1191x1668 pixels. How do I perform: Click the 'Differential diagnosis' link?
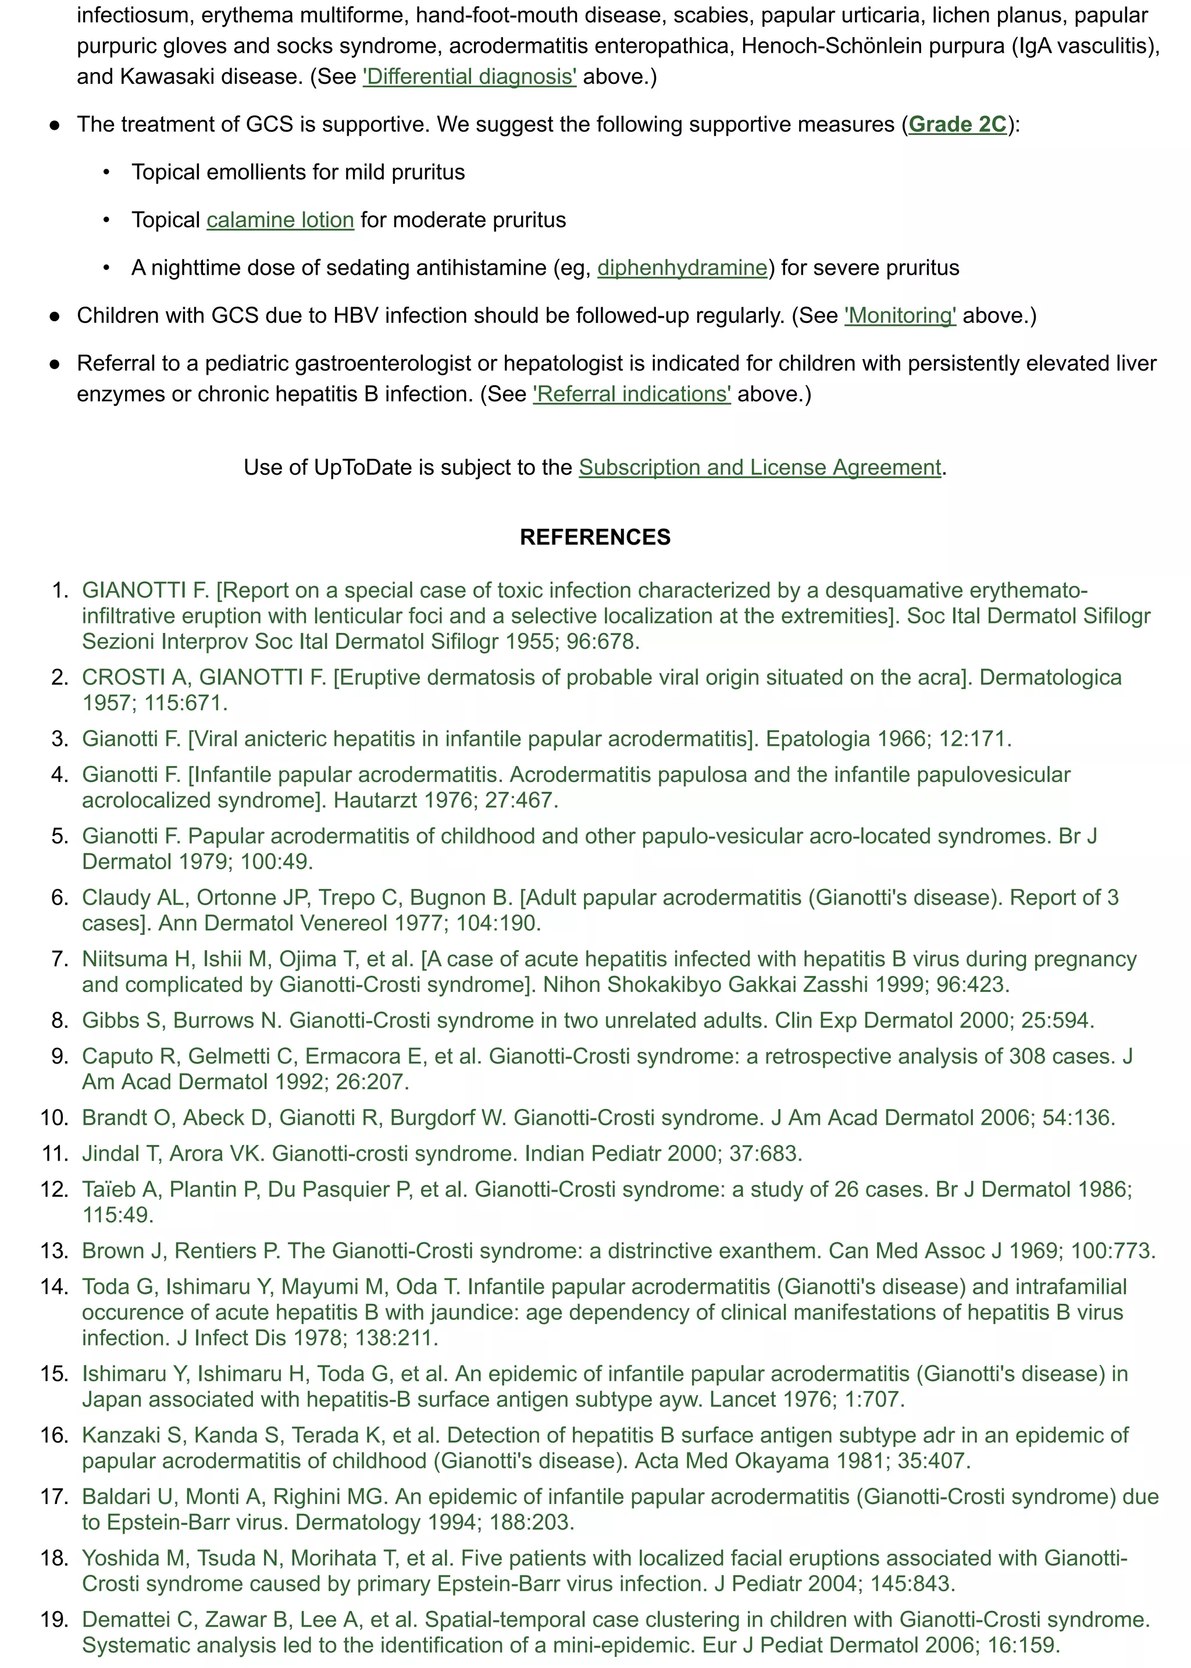[469, 76]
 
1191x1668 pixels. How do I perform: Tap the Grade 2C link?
[957, 124]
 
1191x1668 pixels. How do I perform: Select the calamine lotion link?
[280, 220]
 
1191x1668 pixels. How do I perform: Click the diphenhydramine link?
[682, 268]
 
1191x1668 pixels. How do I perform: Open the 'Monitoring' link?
[900, 315]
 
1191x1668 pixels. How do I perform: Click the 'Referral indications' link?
[632, 394]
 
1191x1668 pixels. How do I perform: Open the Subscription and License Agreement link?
[759, 467]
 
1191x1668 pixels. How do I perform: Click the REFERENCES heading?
[595, 537]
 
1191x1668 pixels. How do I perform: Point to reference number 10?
[54, 1117]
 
